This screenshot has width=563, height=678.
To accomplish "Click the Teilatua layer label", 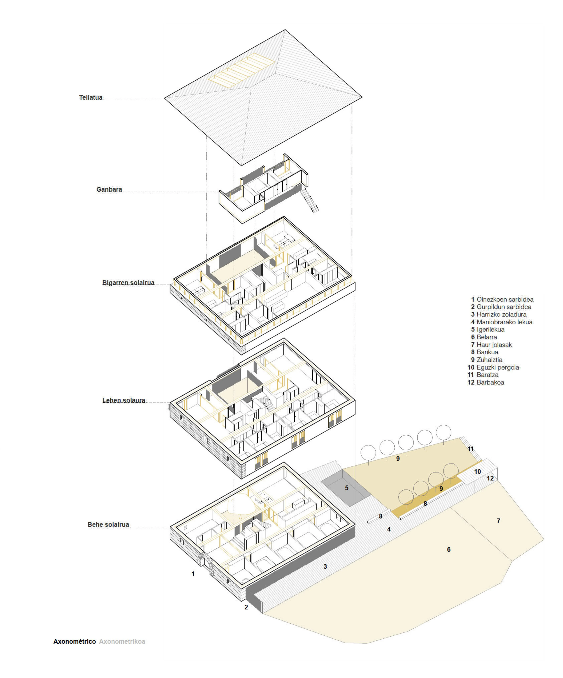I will pyautogui.click(x=91, y=98).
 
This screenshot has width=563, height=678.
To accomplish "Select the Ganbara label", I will pyautogui.click(x=109, y=189).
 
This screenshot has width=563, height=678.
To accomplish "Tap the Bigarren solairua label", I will pyautogui.click(x=128, y=283).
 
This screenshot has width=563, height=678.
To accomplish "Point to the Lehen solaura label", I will pyautogui.click(x=124, y=400).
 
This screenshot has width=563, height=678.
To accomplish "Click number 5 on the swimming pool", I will pyautogui.click(x=347, y=488).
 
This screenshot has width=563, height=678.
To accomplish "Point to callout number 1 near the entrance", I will pyautogui.click(x=193, y=574).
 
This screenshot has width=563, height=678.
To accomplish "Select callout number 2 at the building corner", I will pyautogui.click(x=246, y=607).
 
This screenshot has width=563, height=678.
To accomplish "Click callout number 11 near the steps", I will pyautogui.click(x=471, y=449).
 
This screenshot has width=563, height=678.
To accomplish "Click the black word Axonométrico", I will pyautogui.click(x=75, y=642).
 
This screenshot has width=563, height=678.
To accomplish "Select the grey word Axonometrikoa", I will pyautogui.click(x=122, y=642).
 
